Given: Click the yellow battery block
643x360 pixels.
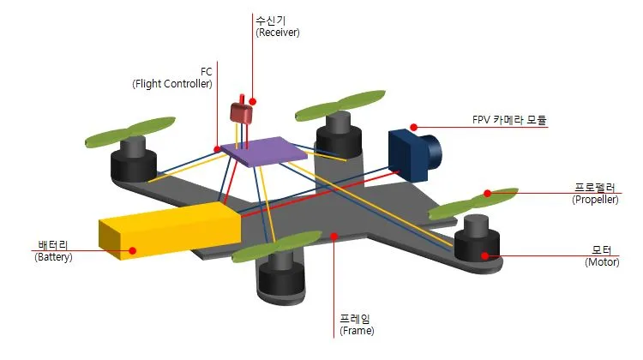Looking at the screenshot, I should click(x=167, y=233).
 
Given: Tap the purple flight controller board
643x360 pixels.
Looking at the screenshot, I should click(x=264, y=151).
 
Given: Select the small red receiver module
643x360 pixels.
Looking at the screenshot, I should click(x=240, y=113).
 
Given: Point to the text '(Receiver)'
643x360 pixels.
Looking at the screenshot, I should click(x=278, y=32).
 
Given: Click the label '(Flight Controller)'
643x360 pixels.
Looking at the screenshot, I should click(x=171, y=84).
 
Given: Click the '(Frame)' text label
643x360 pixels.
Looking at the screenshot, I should click(x=357, y=329).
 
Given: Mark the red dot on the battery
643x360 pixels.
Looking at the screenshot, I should click(x=133, y=251).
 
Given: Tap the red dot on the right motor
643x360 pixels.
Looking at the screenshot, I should click(x=484, y=255).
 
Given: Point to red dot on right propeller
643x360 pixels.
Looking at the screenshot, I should click(x=487, y=194).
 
